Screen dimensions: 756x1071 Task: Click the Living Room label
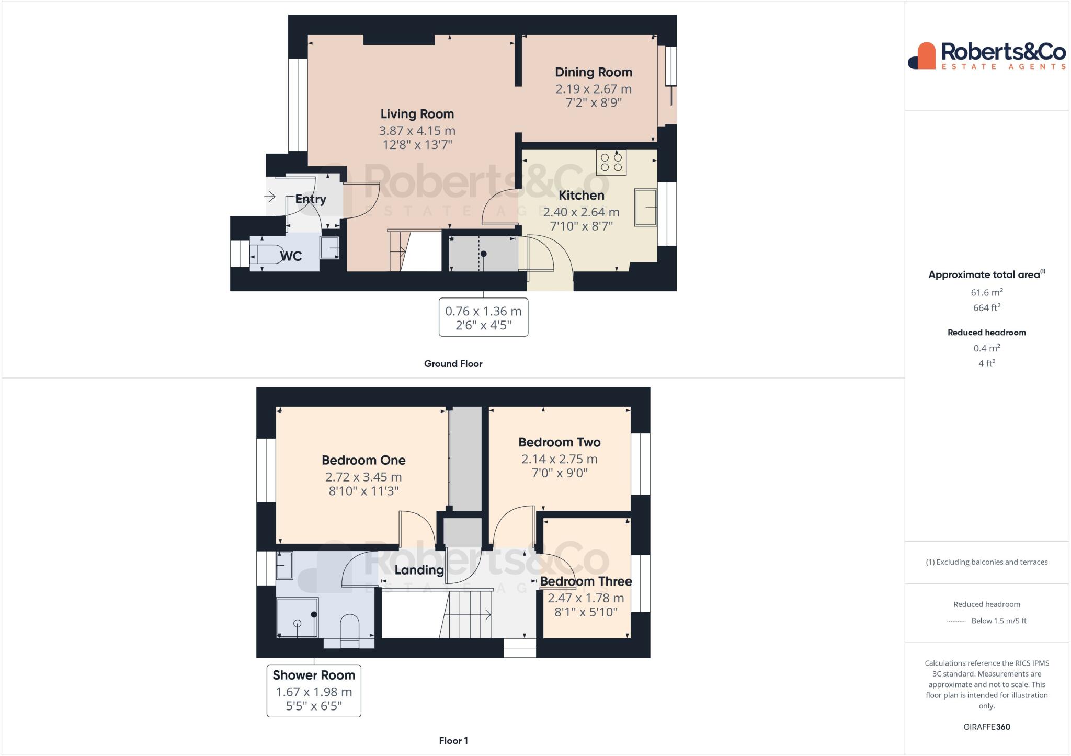417,114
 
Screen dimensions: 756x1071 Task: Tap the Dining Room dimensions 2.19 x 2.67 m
593,89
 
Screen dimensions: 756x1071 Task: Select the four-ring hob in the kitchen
611,162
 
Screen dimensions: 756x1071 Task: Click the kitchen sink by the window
645,208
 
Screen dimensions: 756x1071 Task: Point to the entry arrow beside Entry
270,197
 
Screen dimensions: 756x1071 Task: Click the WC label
291,256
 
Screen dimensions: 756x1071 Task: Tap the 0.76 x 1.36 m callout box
483,317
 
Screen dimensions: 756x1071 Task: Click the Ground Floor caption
453,364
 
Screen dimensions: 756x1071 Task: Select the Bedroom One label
363,461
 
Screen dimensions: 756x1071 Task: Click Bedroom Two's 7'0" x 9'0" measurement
559,473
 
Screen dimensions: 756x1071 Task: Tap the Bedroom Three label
586,581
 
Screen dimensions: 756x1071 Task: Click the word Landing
419,570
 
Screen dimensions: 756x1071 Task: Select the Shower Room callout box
314,690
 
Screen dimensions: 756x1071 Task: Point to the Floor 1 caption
453,741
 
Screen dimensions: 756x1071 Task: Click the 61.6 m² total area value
986,293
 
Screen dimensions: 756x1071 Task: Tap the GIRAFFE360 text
986,727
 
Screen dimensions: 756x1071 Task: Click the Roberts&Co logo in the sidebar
986,56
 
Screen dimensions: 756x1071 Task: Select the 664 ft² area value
986,308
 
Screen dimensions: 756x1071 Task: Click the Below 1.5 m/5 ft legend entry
998,621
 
